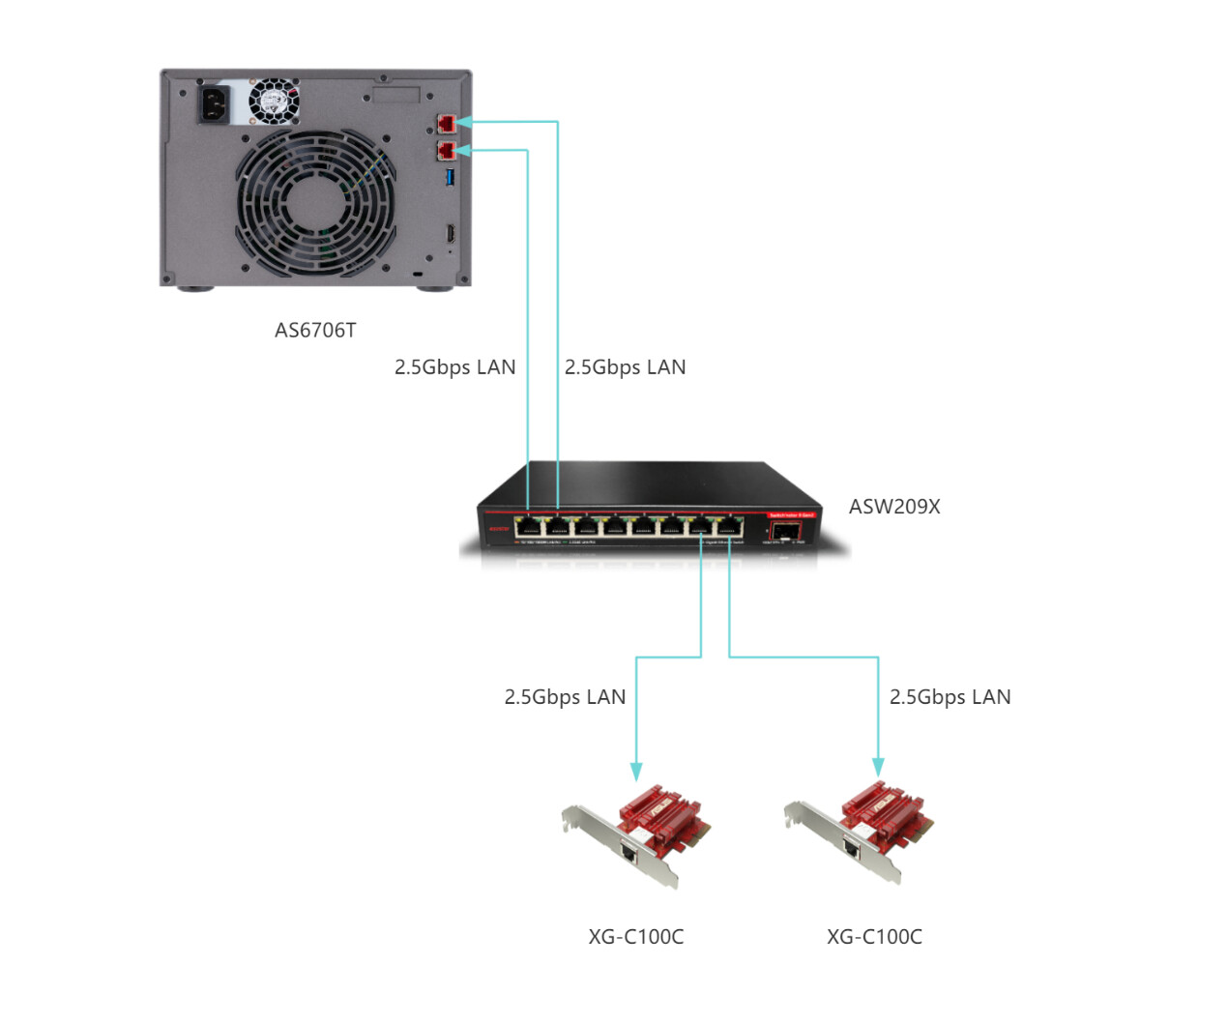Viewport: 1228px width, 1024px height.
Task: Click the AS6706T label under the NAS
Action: [x=315, y=331]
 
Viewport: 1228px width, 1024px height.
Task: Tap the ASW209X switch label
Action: [x=893, y=507]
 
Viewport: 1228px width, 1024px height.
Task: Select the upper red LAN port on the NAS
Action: [x=446, y=123]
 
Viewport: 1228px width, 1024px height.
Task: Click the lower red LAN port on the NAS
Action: [x=446, y=151]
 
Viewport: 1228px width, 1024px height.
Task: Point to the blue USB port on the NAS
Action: [x=450, y=177]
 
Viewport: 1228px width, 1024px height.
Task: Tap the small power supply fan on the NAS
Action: [x=275, y=102]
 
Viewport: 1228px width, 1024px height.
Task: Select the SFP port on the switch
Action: [x=784, y=530]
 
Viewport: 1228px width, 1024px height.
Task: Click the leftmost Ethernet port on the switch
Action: [x=528, y=526]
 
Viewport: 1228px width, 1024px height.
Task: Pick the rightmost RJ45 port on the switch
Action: [x=728, y=526]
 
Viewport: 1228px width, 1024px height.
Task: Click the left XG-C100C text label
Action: [x=635, y=937]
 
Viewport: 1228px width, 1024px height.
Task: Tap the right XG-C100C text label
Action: [x=874, y=937]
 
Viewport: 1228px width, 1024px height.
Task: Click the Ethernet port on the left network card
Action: [x=629, y=854]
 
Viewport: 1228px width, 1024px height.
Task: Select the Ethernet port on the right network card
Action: [x=852, y=847]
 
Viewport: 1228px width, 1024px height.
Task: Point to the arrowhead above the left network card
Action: [x=636, y=771]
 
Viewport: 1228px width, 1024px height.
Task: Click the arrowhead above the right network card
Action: [x=878, y=767]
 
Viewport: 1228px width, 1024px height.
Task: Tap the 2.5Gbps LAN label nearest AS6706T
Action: [x=454, y=367]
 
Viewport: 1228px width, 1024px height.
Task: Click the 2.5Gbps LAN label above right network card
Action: [x=950, y=697]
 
